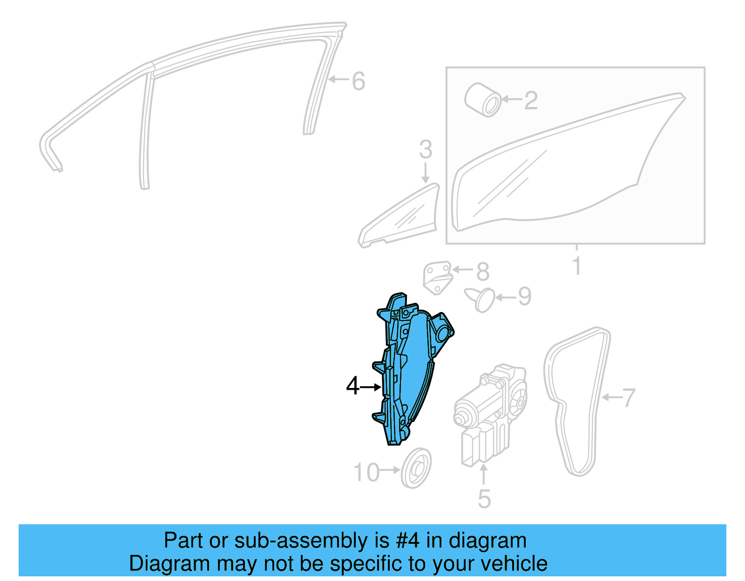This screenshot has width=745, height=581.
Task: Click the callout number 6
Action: tap(358, 81)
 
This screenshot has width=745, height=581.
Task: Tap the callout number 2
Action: tap(531, 100)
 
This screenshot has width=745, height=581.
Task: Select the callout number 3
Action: tap(426, 150)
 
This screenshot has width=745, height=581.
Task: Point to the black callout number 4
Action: tap(353, 387)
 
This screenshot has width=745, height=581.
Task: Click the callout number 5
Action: tap(484, 499)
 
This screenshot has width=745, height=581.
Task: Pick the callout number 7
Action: tap(628, 398)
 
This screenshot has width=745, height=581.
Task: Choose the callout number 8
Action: tap(483, 271)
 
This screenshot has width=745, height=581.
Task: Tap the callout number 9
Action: tap(524, 297)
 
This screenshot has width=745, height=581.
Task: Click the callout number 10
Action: tap(367, 473)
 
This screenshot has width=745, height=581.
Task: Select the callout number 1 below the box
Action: tap(577, 266)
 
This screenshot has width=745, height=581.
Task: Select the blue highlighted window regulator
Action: tap(410, 367)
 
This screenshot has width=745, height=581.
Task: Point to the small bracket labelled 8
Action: tap(438, 277)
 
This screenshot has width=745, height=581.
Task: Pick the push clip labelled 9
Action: tap(482, 300)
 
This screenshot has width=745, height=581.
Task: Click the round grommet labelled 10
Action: tap(416, 468)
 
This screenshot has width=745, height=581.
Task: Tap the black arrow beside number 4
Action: tap(371, 387)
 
